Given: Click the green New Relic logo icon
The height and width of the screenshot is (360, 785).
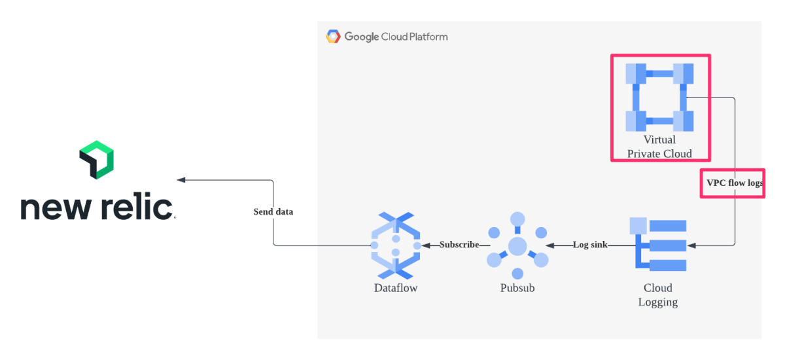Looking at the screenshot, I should [x=97, y=160].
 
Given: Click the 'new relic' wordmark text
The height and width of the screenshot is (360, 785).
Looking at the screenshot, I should [x=97, y=207].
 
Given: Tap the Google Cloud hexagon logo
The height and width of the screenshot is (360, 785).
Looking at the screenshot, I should [x=333, y=37].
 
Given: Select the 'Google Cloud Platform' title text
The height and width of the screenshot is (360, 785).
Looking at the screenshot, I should [x=396, y=37].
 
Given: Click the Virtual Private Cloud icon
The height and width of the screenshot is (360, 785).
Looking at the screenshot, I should [x=659, y=98].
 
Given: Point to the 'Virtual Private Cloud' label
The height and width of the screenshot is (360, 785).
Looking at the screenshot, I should [x=659, y=147].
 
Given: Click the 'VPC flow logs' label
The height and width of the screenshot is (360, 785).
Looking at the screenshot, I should [x=734, y=183].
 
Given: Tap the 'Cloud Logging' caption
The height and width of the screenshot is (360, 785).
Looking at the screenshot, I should [x=658, y=295].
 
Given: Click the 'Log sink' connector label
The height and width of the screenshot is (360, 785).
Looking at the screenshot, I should [x=590, y=245].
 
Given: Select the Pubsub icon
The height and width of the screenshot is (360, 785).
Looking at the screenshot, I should [x=517, y=246].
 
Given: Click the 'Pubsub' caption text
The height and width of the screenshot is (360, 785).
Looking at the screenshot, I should [x=517, y=287].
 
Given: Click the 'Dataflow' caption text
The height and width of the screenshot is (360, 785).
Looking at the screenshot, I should [x=396, y=287].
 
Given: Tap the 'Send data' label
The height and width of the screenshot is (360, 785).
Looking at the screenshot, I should [x=273, y=212].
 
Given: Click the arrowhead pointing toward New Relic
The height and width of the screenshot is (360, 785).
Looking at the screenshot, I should [x=181, y=180].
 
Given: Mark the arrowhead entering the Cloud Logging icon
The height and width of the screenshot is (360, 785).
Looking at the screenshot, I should [x=691, y=245].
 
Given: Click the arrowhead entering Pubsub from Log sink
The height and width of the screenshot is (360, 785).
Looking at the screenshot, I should [x=550, y=245].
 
